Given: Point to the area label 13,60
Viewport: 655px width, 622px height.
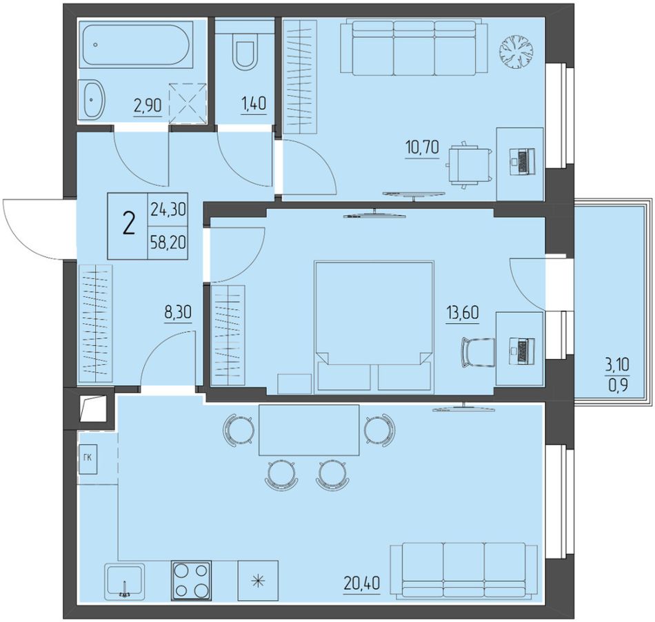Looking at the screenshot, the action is [x=463, y=312].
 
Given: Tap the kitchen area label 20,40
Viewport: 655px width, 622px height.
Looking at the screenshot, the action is [x=362, y=583].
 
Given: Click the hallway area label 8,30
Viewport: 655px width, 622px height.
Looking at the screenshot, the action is [x=178, y=312].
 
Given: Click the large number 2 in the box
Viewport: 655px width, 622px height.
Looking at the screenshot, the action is [x=128, y=225].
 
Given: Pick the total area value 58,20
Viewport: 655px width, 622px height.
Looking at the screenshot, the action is [x=168, y=242].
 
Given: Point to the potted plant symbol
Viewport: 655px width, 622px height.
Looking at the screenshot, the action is [x=516, y=52].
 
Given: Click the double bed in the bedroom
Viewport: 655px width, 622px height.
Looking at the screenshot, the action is [x=374, y=327].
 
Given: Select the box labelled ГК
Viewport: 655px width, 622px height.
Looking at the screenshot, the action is [x=88, y=457].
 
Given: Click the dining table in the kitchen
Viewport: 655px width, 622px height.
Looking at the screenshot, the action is [x=309, y=430].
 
